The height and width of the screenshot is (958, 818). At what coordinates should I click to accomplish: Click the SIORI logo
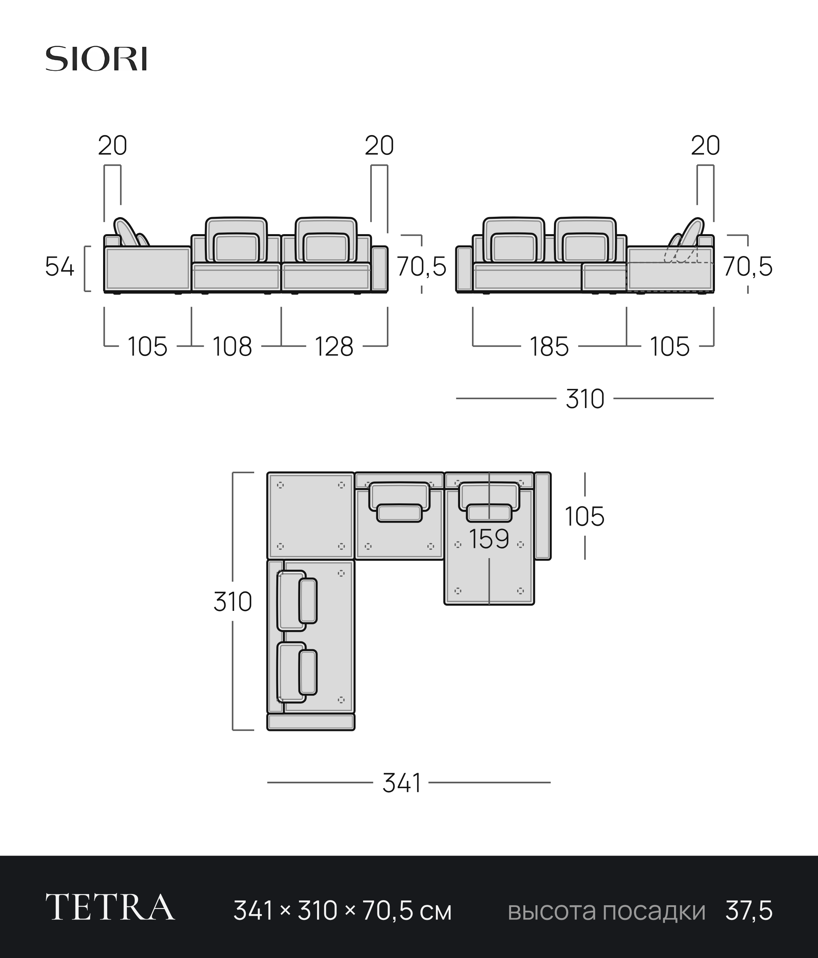point(96,59)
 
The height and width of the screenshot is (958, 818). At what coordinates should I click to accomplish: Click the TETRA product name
point(110,908)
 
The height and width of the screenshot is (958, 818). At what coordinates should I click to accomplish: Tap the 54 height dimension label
point(60,267)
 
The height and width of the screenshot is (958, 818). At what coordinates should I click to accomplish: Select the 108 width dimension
point(232,347)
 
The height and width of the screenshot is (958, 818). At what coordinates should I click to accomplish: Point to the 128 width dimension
point(334,347)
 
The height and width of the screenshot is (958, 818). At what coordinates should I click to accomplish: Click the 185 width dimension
point(549,347)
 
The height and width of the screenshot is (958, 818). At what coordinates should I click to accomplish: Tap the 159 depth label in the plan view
point(489,539)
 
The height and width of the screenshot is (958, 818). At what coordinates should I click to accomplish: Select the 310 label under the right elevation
point(585,399)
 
